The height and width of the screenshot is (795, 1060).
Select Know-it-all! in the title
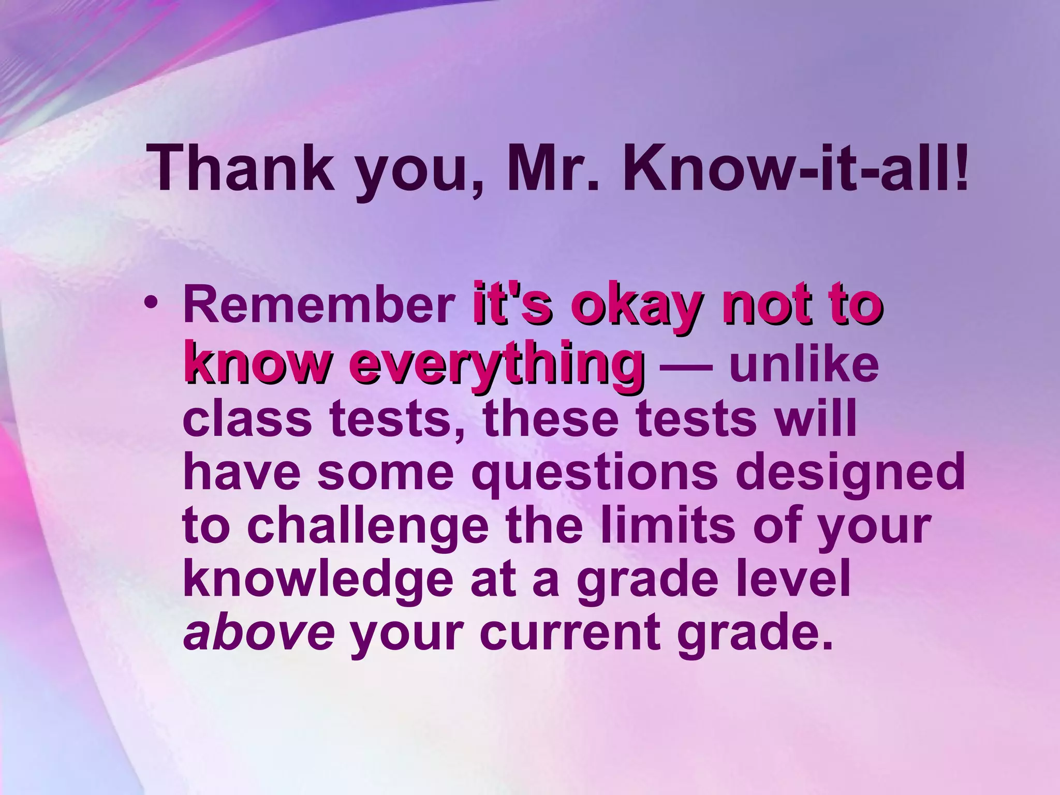[x=795, y=168]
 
